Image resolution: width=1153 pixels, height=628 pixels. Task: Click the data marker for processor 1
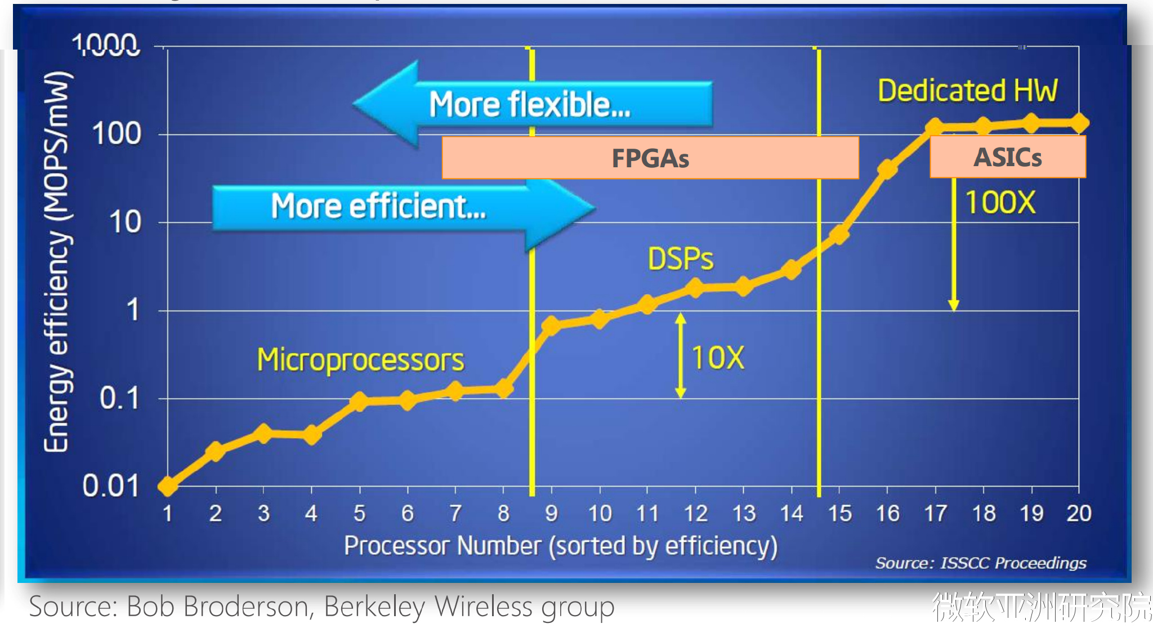(168, 486)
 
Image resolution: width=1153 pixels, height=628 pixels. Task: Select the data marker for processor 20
(1079, 123)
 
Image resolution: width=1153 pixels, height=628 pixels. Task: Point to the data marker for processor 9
(551, 325)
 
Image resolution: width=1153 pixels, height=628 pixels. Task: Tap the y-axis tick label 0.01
(111, 486)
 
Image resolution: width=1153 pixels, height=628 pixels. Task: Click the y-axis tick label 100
(117, 135)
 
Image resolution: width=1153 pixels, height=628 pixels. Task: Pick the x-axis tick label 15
(839, 514)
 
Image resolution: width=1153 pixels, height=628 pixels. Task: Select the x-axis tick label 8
(503, 514)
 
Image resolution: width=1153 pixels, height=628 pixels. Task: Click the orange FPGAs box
(650, 158)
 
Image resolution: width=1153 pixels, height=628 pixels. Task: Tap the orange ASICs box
(1007, 157)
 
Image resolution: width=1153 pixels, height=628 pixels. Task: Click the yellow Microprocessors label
(360, 360)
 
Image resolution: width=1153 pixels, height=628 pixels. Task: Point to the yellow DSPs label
(680, 259)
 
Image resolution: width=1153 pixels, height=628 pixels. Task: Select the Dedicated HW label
(968, 91)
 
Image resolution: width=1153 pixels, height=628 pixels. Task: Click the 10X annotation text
(717, 358)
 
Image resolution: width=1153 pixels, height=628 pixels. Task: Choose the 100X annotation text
(1000, 202)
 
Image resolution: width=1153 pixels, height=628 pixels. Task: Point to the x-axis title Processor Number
(560, 546)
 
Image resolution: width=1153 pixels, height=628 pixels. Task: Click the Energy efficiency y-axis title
(57, 262)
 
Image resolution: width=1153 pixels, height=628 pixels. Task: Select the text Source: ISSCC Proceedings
(980, 563)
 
